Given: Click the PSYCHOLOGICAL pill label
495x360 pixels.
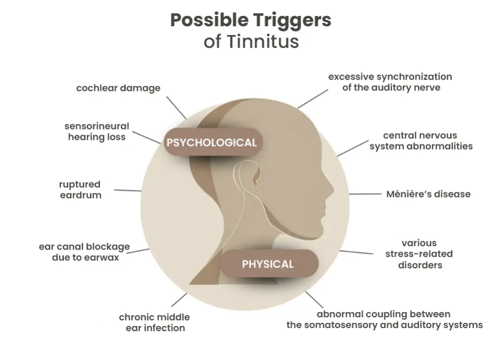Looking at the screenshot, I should pos(210,142).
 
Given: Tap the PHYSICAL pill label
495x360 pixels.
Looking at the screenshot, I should pos(268,264).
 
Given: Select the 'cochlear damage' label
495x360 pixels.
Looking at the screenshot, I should pos(118,88).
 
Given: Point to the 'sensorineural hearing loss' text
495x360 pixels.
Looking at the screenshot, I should pos(96,132).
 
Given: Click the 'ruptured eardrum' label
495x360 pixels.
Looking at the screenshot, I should pos(80,189).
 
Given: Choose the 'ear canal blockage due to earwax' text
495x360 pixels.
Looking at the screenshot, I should pos(85,252).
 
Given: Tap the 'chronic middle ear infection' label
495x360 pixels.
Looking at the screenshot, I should pos(154,322).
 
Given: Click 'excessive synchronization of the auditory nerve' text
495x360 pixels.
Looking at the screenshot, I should pos(390,82).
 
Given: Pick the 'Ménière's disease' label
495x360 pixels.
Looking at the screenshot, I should pos(428,194).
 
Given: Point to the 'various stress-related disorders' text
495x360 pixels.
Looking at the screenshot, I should pos(419,254).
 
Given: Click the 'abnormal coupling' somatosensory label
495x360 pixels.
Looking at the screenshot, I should pos(384,319).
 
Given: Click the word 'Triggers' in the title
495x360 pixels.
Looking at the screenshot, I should pos(292,21).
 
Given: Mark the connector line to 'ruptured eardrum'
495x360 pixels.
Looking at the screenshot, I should pos(127,190).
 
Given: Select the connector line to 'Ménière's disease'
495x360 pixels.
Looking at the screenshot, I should pos(365,194).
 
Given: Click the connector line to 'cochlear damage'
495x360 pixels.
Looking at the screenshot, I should pos(178,109).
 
